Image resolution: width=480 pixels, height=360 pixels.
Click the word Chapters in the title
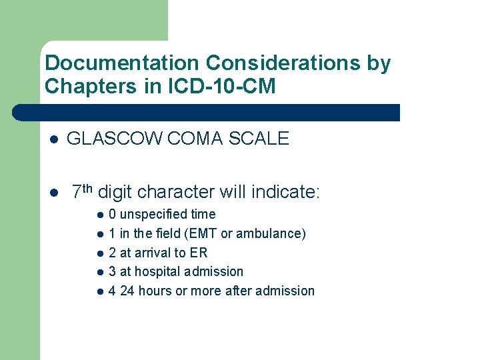[x=87, y=87]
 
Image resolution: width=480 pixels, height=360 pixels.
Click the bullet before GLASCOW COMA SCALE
[x=55, y=139]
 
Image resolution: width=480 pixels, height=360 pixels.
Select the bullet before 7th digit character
[x=55, y=193]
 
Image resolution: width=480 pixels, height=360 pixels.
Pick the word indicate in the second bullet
[x=283, y=193]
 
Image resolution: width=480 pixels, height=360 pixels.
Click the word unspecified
[x=153, y=215]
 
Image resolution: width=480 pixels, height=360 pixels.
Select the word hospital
[x=160, y=272]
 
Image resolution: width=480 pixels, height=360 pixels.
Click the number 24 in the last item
[x=127, y=291]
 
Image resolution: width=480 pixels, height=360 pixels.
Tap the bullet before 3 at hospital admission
[x=99, y=272]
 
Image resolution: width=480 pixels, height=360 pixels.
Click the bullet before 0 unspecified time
[x=99, y=215]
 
